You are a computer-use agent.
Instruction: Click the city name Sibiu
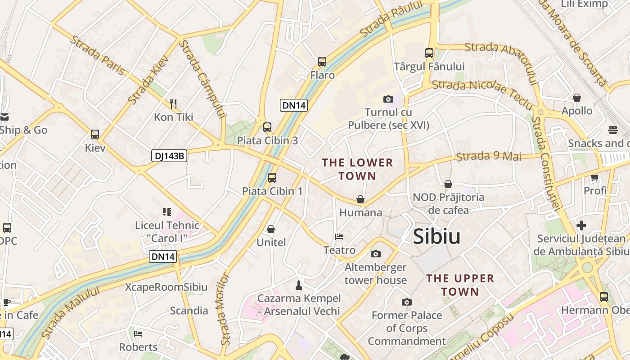436,237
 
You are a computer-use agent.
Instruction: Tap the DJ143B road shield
169,156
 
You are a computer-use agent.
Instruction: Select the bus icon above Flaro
322,62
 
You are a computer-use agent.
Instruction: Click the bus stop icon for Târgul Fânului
429,53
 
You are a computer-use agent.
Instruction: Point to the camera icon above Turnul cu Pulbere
388,99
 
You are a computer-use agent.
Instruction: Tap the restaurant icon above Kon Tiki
173,104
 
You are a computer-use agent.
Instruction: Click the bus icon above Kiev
95,134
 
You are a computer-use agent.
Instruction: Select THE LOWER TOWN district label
357,169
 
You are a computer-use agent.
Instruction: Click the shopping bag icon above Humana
360,199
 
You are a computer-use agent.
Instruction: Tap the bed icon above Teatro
339,237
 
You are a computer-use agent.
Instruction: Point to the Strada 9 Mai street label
489,157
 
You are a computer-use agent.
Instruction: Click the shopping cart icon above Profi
595,177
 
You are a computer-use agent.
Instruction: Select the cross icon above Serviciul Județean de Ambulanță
581,225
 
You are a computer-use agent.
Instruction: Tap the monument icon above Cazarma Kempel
298,284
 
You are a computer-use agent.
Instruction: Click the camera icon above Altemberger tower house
376,254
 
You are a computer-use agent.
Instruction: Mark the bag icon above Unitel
271,229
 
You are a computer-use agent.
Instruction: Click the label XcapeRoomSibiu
166,287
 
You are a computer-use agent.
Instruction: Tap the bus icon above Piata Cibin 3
267,127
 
